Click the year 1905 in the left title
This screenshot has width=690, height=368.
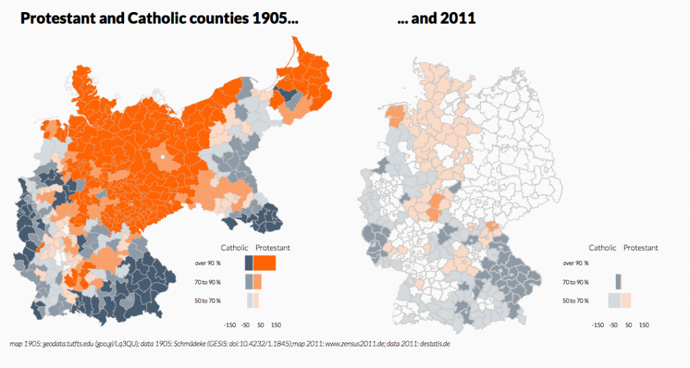click(x=275, y=18)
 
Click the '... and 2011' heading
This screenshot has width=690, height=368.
click(x=437, y=18)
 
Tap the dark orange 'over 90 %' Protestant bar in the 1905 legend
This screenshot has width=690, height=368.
click(x=264, y=263)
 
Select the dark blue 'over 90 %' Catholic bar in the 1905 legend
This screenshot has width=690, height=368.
click(x=249, y=263)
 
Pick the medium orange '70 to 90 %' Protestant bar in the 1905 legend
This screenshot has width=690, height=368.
click(x=257, y=281)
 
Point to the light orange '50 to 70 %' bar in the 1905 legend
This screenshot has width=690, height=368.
click(x=256, y=300)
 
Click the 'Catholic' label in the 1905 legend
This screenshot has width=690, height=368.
click(x=234, y=248)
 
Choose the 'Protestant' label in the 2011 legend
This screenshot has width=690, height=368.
click(x=641, y=248)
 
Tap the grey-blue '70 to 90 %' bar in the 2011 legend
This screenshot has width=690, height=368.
click(x=618, y=281)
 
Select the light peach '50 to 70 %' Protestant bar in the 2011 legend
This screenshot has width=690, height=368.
click(x=626, y=300)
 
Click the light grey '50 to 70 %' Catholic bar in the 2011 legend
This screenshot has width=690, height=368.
click(x=615, y=300)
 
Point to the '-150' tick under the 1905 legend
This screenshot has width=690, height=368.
click(x=230, y=324)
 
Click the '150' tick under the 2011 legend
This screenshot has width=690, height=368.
click(x=644, y=324)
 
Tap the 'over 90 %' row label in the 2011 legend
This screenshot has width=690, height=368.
click(x=575, y=263)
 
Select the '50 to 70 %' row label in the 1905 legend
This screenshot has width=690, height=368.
click(x=208, y=300)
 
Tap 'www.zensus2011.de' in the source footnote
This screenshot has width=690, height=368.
click(x=340, y=344)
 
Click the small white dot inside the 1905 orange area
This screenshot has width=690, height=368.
click(x=162, y=157)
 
